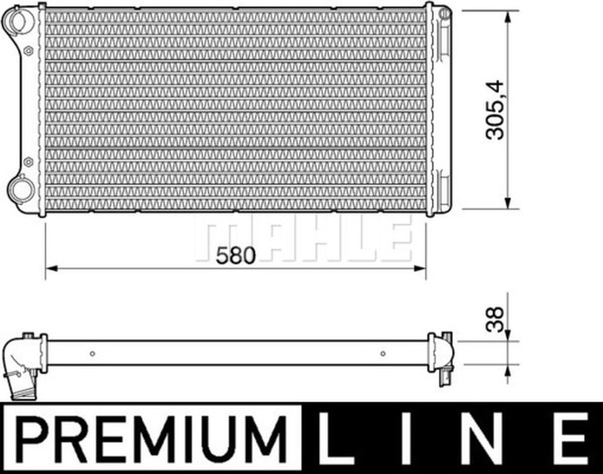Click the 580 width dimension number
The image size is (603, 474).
click(x=235, y=256)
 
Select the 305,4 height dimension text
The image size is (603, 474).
click(x=495, y=111)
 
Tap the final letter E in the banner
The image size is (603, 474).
click(x=573, y=438)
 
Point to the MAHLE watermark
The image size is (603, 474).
click(x=304, y=239)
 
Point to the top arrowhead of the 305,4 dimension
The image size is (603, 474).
click(x=507, y=17)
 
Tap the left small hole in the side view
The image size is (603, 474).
click(x=92, y=353)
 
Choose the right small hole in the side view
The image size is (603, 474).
click(x=383, y=353)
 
